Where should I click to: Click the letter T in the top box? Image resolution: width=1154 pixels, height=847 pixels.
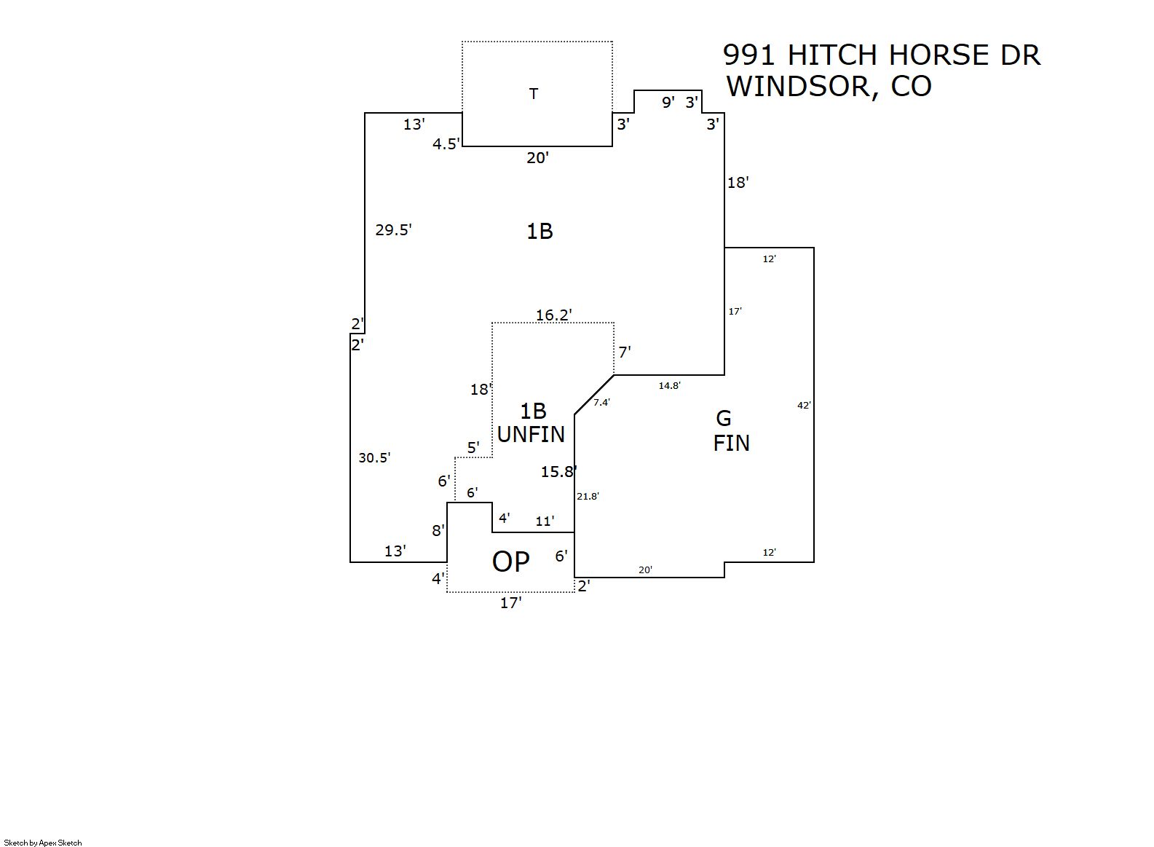click(534, 94)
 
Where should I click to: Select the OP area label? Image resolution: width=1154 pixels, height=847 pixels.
click(510, 562)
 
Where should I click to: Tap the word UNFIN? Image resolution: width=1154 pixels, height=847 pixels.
click(531, 435)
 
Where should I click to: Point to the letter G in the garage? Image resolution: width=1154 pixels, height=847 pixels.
click(723, 418)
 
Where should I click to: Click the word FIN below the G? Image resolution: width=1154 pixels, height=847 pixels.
click(731, 443)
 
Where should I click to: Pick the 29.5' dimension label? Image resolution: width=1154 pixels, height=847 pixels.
click(393, 230)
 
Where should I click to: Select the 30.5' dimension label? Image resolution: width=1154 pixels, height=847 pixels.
click(374, 458)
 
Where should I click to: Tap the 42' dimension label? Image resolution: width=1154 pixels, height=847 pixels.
click(804, 406)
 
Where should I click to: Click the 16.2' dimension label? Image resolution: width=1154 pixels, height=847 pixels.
click(553, 315)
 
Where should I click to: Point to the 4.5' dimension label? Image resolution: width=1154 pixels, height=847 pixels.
click(446, 144)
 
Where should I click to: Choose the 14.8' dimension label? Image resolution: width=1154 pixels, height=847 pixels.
click(669, 386)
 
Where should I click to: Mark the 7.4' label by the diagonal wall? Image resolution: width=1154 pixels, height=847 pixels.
click(601, 402)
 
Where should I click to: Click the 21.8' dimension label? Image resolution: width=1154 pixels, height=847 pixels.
click(588, 497)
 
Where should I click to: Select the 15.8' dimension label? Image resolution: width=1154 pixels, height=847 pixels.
click(558, 472)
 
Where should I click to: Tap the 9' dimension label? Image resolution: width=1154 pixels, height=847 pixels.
click(668, 103)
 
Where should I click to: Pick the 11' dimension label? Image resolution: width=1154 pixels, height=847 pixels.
click(545, 521)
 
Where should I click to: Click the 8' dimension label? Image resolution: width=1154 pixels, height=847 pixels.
click(438, 531)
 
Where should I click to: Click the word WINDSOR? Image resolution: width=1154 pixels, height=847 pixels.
click(797, 87)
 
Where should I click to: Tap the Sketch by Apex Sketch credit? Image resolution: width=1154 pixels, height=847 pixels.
click(43, 843)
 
